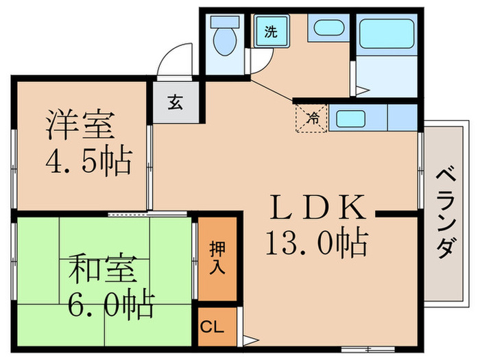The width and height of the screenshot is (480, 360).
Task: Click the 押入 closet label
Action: click(217, 258)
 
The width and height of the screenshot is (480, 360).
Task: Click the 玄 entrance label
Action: click(176, 104)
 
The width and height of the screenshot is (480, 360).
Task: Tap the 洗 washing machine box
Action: click(269, 32)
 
